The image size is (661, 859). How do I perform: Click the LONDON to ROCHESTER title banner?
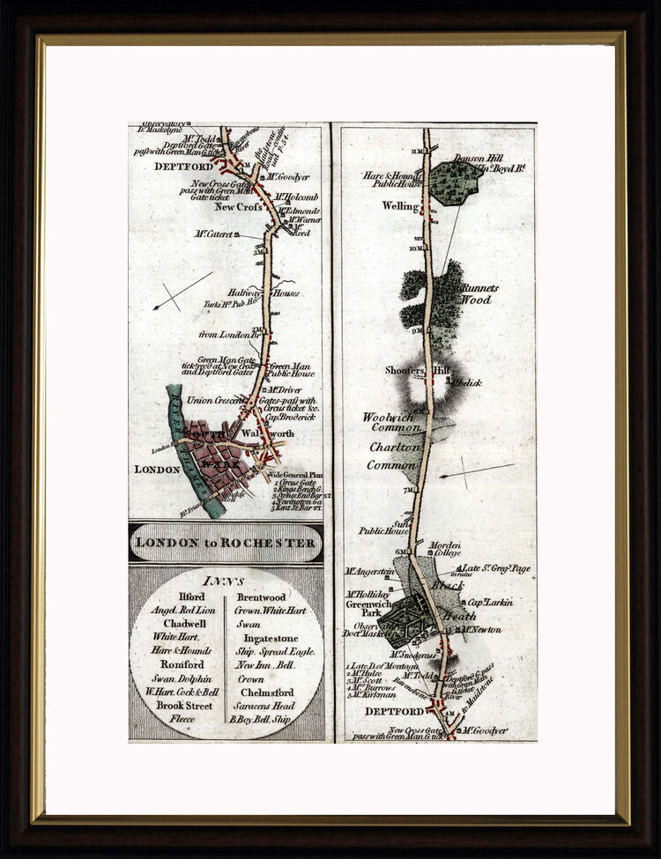click(x=227, y=543)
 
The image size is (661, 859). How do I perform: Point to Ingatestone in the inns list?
click(x=268, y=638)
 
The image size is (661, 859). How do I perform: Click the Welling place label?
click(x=399, y=205)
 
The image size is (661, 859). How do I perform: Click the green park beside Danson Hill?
click(x=456, y=183)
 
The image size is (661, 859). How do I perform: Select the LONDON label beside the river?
click(x=157, y=470)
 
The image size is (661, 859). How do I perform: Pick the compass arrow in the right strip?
click(x=476, y=470)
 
